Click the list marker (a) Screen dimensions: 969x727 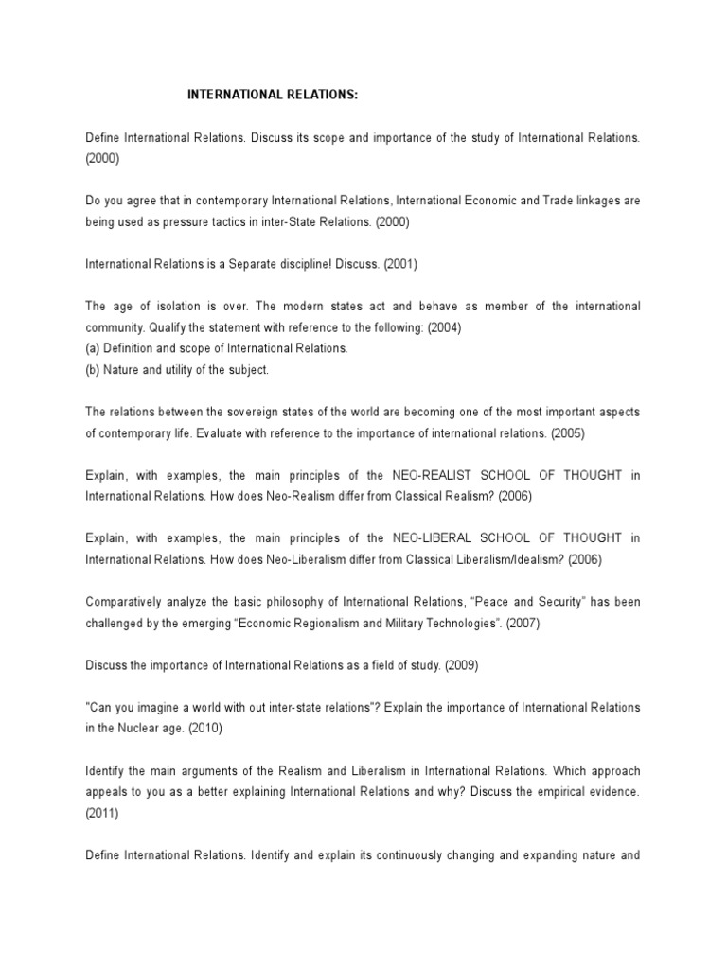[93, 348]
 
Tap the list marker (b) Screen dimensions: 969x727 [93, 369]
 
